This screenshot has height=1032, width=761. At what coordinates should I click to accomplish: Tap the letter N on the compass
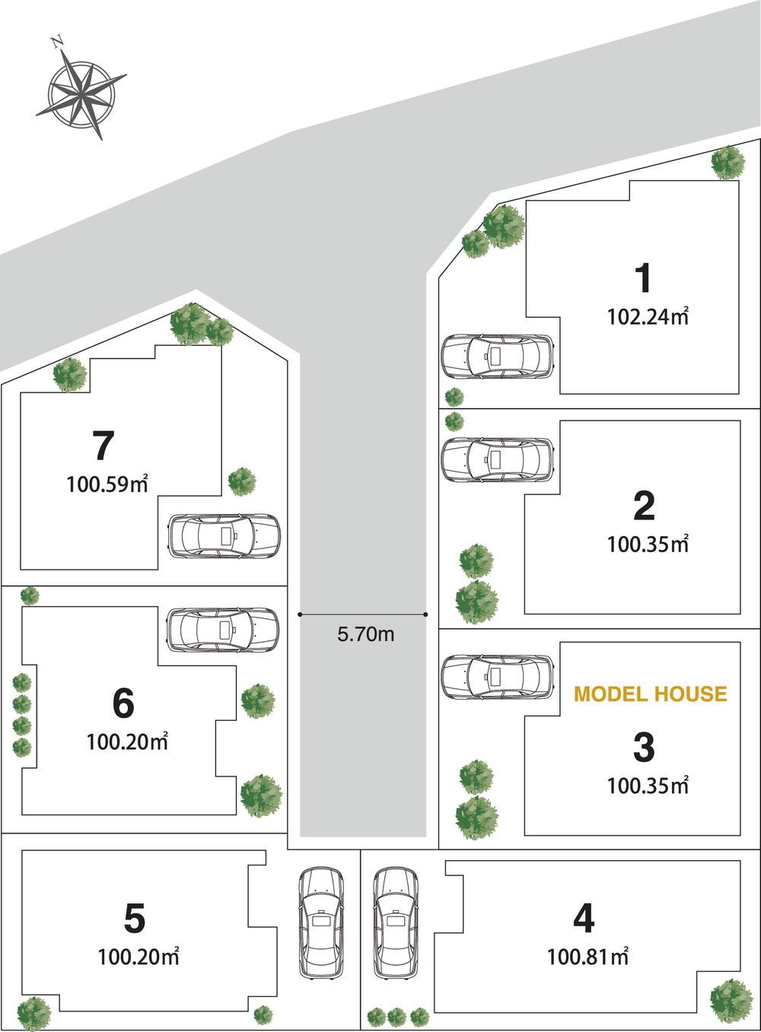(x=56, y=43)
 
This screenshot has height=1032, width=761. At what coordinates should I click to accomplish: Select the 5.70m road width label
(x=365, y=633)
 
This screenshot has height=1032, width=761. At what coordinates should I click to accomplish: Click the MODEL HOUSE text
(x=650, y=694)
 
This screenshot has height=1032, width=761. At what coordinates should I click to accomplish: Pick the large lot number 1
(x=644, y=278)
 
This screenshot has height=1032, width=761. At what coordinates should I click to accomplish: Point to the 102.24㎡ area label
(x=648, y=316)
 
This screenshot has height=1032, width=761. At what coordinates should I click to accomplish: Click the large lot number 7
(x=103, y=446)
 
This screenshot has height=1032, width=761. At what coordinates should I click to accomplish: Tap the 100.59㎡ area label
(x=107, y=484)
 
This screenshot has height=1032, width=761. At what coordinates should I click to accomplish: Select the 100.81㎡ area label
(x=588, y=956)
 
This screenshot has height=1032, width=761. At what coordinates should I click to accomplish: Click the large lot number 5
(x=134, y=919)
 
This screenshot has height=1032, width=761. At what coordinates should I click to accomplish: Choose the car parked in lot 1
(x=498, y=356)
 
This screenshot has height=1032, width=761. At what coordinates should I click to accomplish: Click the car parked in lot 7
(x=224, y=537)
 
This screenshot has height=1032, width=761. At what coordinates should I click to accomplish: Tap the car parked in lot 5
(x=321, y=922)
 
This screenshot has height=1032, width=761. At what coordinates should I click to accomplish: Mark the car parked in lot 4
(x=396, y=922)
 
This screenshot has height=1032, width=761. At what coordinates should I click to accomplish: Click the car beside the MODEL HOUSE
(x=498, y=676)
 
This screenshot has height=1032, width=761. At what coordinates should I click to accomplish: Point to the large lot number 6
(x=123, y=703)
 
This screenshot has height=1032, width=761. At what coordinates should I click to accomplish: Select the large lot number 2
(x=644, y=506)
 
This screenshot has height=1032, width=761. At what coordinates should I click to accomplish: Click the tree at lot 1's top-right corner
(x=728, y=162)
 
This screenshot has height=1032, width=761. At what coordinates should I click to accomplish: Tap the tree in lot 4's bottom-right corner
(x=731, y=999)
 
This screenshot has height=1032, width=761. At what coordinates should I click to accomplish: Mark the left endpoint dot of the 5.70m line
(x=301, y=614)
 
